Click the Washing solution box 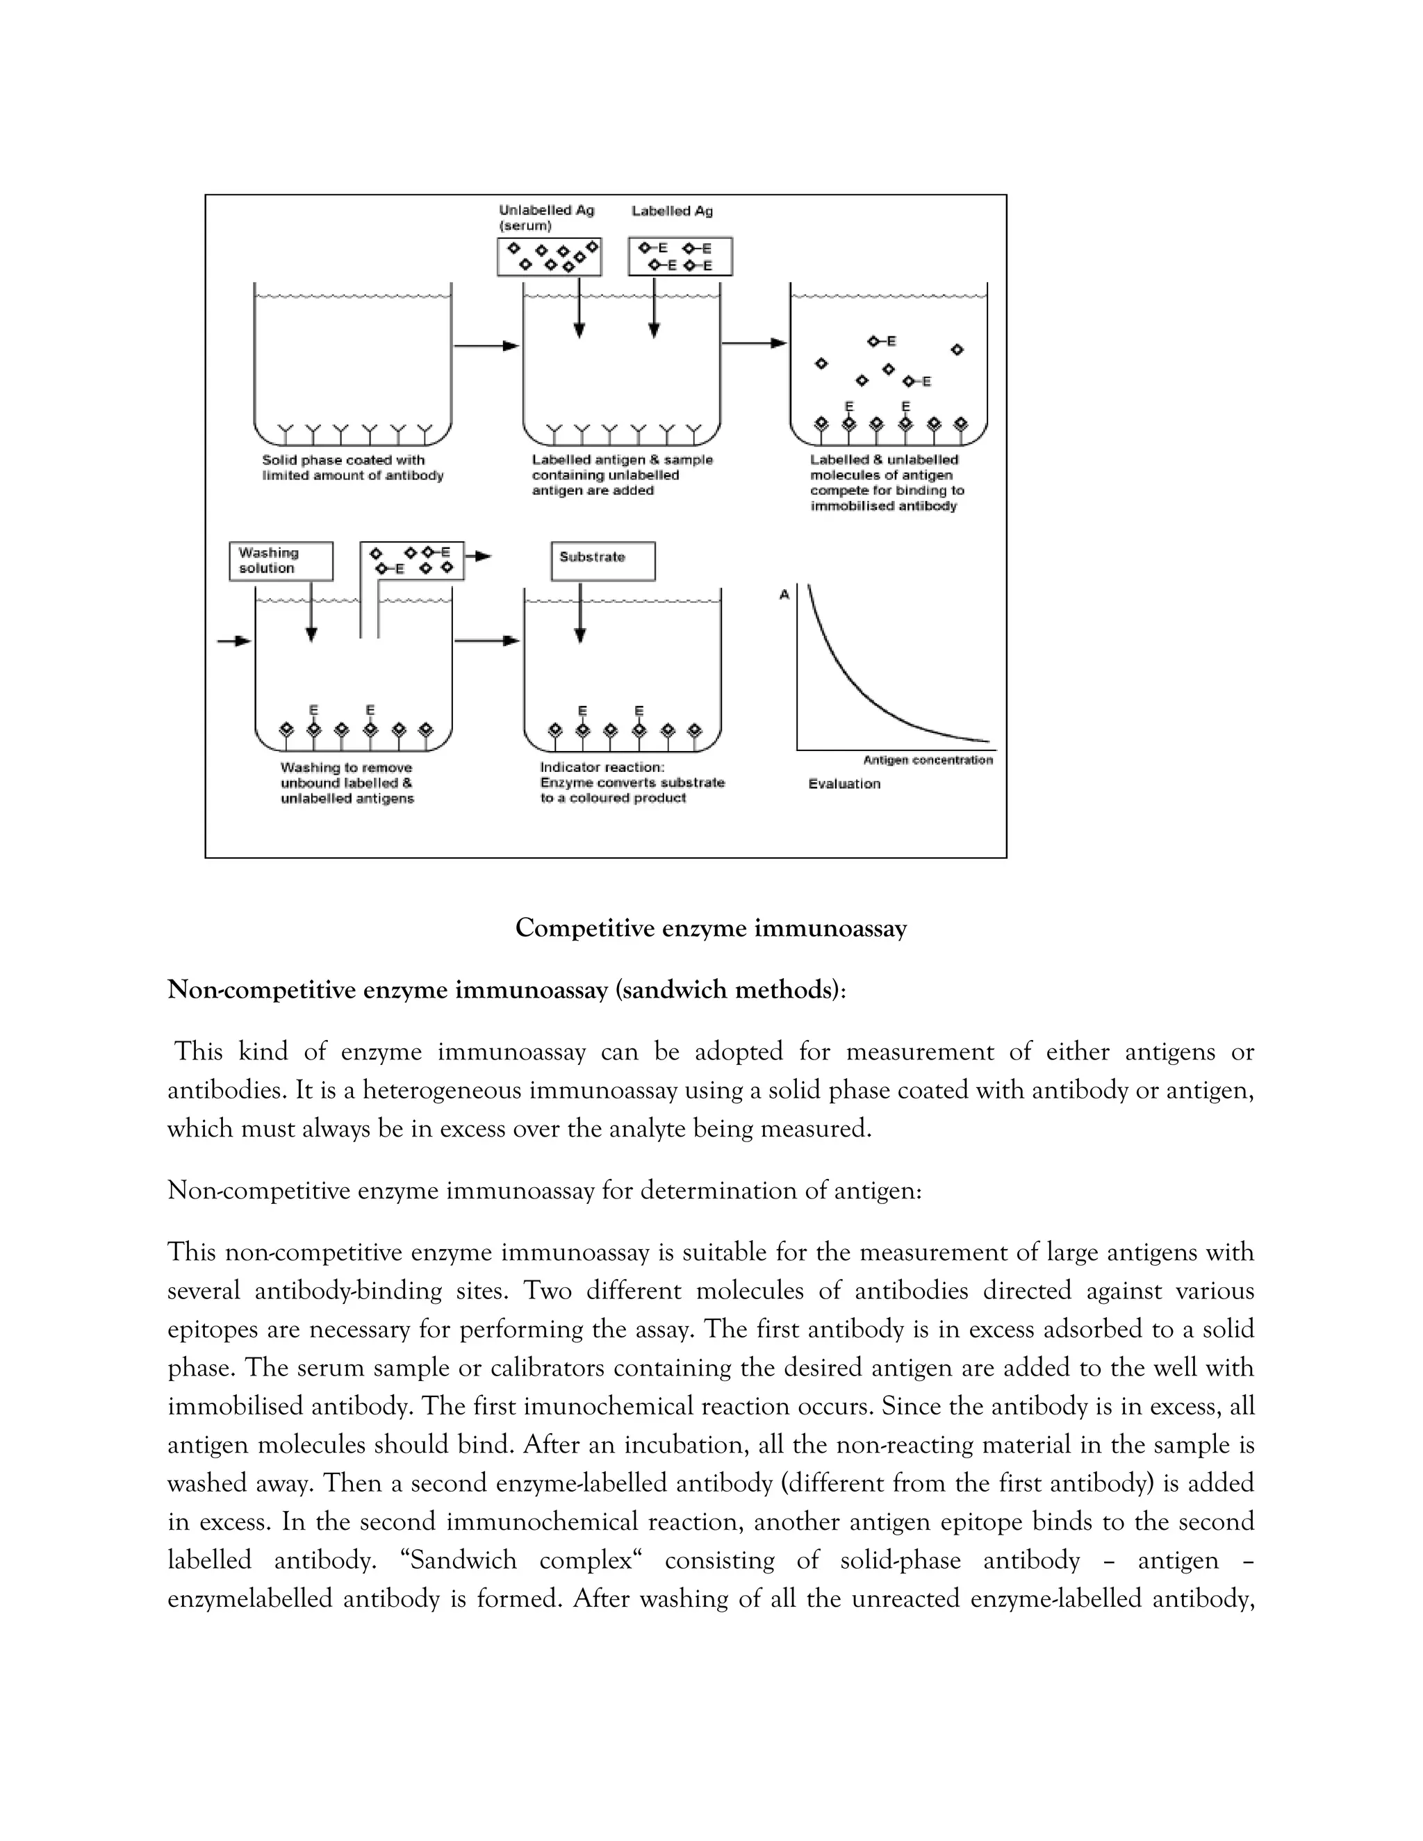281,561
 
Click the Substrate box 602,561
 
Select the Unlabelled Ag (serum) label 546,217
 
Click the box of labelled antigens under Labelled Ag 680,256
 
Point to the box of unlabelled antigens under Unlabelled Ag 549,256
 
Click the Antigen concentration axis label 928,759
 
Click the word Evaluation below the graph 844,783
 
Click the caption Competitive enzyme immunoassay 711,928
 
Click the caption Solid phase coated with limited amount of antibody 352,468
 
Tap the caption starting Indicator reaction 632,782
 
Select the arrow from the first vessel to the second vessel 486,345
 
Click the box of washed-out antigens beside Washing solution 411,561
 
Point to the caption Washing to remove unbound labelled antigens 347,782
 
